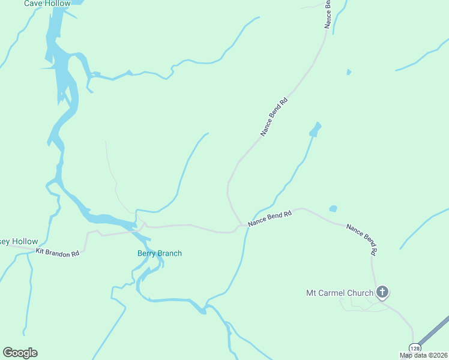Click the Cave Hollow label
coord(47,4)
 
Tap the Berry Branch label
coord(160,253)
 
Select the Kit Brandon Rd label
coord(58,253)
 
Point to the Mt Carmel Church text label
coord(340,293)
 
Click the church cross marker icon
coord(382,293)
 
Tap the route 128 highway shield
coord(415,348)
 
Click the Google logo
coord(20,352)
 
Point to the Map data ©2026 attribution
coord(424,355)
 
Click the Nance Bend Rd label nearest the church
coord(364,237)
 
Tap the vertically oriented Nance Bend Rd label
coord(328,13)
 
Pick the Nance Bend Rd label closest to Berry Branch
coord(270,218)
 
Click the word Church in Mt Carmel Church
coord(360,293)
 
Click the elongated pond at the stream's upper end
coord(315,129)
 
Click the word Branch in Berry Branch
coord(170,253)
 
